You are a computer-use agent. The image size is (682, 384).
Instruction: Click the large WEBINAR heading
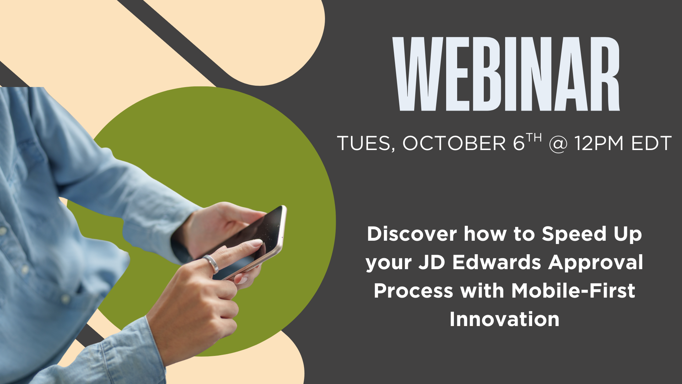tap(506, 74)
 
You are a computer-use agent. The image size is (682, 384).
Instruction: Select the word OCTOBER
tap(454, 143)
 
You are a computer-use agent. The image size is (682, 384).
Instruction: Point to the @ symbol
tap(558, 144)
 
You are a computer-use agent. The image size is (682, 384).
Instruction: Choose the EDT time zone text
tap(651, 143)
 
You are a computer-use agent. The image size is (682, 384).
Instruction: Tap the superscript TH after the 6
tap(534, 138)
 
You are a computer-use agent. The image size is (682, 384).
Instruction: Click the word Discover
tap(412, 234)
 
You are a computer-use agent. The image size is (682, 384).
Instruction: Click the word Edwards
tap(497, 262)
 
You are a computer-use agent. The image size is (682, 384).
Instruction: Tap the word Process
tap(413, 291)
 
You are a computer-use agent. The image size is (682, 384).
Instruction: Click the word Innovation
tap(504, 319)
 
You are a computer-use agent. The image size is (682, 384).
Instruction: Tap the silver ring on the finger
tap(211, 264)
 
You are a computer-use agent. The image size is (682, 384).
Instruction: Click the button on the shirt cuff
tap(66, 298)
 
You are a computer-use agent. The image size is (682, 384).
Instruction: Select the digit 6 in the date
tap(519, 143)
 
